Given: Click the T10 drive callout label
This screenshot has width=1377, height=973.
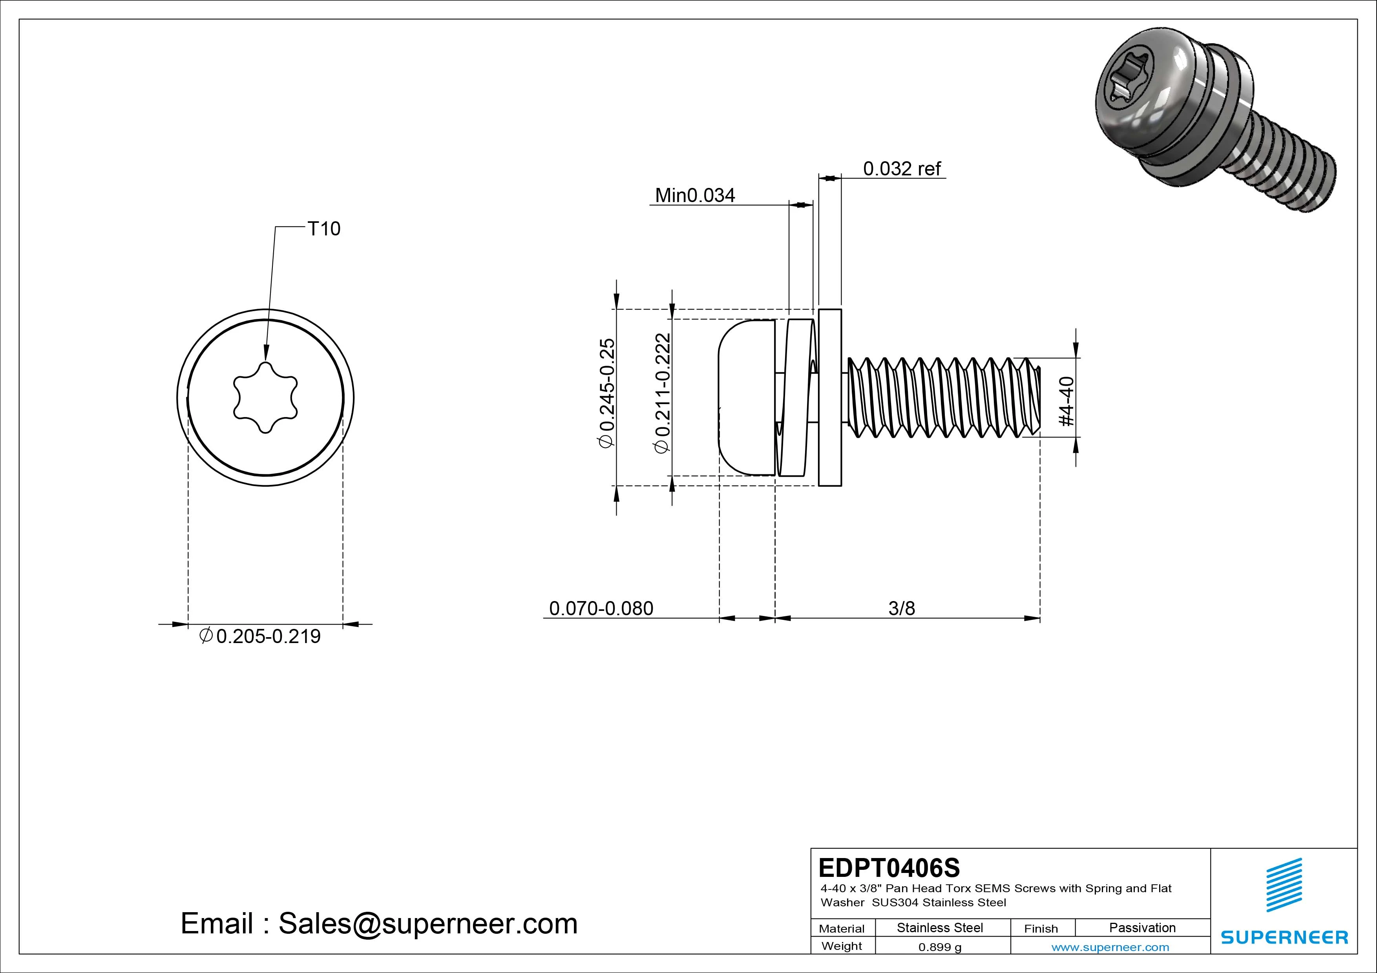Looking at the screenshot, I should [323, 229].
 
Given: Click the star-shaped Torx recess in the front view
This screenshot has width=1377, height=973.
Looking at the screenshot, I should [265, 397].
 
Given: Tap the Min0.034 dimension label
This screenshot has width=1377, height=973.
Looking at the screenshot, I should [694, 195].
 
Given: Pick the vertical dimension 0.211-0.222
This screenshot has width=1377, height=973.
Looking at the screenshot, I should [662, 393].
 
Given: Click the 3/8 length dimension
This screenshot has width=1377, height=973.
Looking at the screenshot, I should [901, 609].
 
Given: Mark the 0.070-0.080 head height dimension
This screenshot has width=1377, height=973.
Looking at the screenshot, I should [601, 609].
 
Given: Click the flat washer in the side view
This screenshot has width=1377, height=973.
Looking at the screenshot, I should [830, 397].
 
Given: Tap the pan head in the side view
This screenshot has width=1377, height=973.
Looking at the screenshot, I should [745, 397].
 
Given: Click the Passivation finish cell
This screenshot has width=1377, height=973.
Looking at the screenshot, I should [1142, 928].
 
